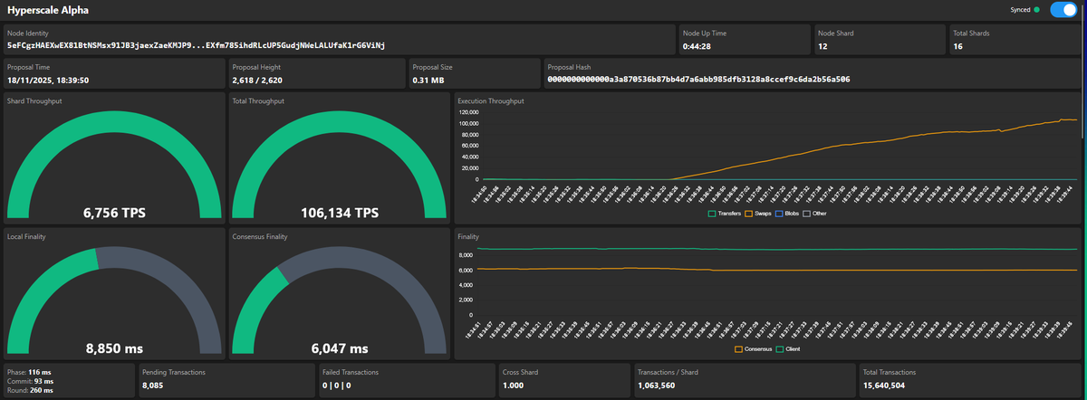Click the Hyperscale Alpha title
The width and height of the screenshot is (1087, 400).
[x=47, y=10]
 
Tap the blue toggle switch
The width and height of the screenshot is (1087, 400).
[x=1063, y=10]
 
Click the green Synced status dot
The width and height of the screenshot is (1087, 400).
[x=1036, y=10]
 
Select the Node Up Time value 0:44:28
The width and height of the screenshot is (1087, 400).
[x=697, y=45]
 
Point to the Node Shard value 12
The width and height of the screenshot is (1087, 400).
[x=822, y=45]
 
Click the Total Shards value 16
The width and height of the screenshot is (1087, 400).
[x=958, y=45]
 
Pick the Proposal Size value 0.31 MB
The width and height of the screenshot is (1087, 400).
[x=429, y=79]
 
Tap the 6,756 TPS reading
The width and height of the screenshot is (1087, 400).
[x=114, y=214]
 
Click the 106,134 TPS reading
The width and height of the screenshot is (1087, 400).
[x=339, y=214]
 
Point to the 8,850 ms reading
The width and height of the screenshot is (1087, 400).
[x=114, y=348]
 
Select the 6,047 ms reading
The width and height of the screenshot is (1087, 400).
[x=339, y=348]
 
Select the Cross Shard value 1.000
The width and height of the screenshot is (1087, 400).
[x=514, y=385]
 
